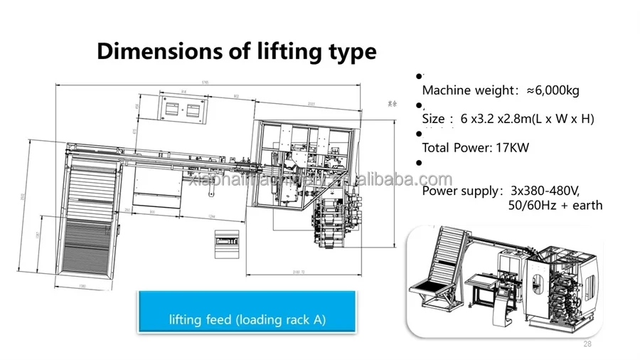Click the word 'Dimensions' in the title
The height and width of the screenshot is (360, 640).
154,51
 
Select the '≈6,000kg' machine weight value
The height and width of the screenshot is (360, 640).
553,90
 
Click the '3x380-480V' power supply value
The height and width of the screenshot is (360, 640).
545,191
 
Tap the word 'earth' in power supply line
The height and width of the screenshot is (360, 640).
585,205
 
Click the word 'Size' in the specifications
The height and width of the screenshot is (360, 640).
434,119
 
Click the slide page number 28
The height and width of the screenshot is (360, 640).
587,344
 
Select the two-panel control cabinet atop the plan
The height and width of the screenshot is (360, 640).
183,110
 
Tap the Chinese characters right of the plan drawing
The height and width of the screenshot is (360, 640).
391,104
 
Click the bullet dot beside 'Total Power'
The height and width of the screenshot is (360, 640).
419,133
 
